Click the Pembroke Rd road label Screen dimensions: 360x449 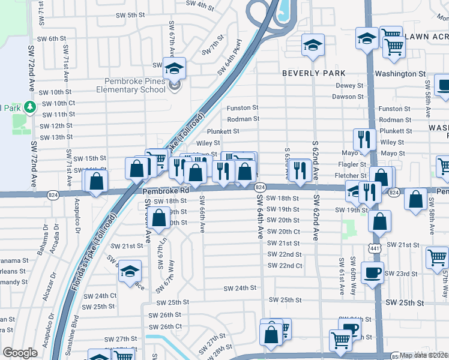pos(166,190)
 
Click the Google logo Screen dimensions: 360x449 pos(20,353)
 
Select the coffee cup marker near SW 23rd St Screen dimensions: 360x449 pos(372,273)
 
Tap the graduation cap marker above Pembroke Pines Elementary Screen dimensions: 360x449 pos(174,68)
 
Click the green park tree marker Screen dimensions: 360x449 pos(29,107)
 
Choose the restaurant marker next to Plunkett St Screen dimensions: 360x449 pos(364,140)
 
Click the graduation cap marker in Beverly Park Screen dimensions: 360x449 pos(312,46)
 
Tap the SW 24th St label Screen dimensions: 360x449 pos(240,289)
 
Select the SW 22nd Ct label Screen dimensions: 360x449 pos(285,266)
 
